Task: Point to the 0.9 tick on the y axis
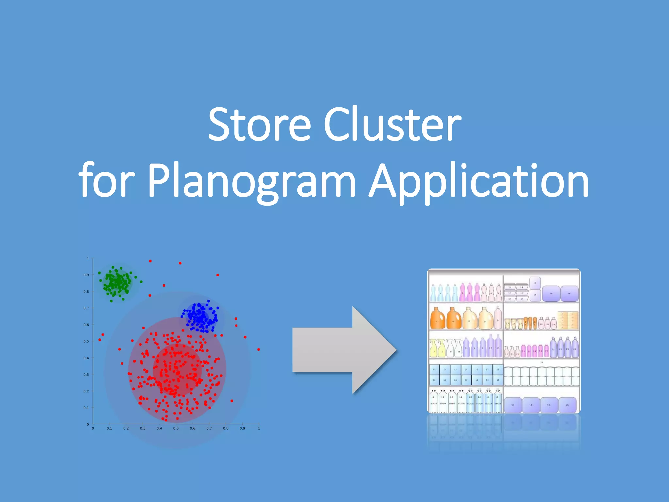(86, 275)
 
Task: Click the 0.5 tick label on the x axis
(176, 428)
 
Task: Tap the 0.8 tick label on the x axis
(226, 428)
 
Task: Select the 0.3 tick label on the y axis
(86, 375)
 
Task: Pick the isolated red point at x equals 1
(259, 349)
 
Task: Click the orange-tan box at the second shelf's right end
(568, 320)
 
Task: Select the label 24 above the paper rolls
(542, 362)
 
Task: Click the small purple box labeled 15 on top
(535, 283)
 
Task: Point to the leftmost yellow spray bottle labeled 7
(433, 348)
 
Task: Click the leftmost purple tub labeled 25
(513, 405)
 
